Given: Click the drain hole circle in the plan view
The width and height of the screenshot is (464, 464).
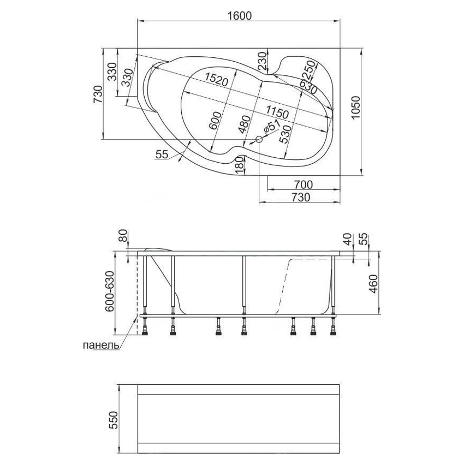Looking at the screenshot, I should (x=259, y=140).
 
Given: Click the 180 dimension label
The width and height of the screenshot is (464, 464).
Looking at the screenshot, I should (x=237, y=165).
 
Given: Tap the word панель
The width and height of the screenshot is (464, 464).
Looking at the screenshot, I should (x=100, y=346).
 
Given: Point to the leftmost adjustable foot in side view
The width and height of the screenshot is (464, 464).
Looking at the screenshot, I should (x=146, y=327).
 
